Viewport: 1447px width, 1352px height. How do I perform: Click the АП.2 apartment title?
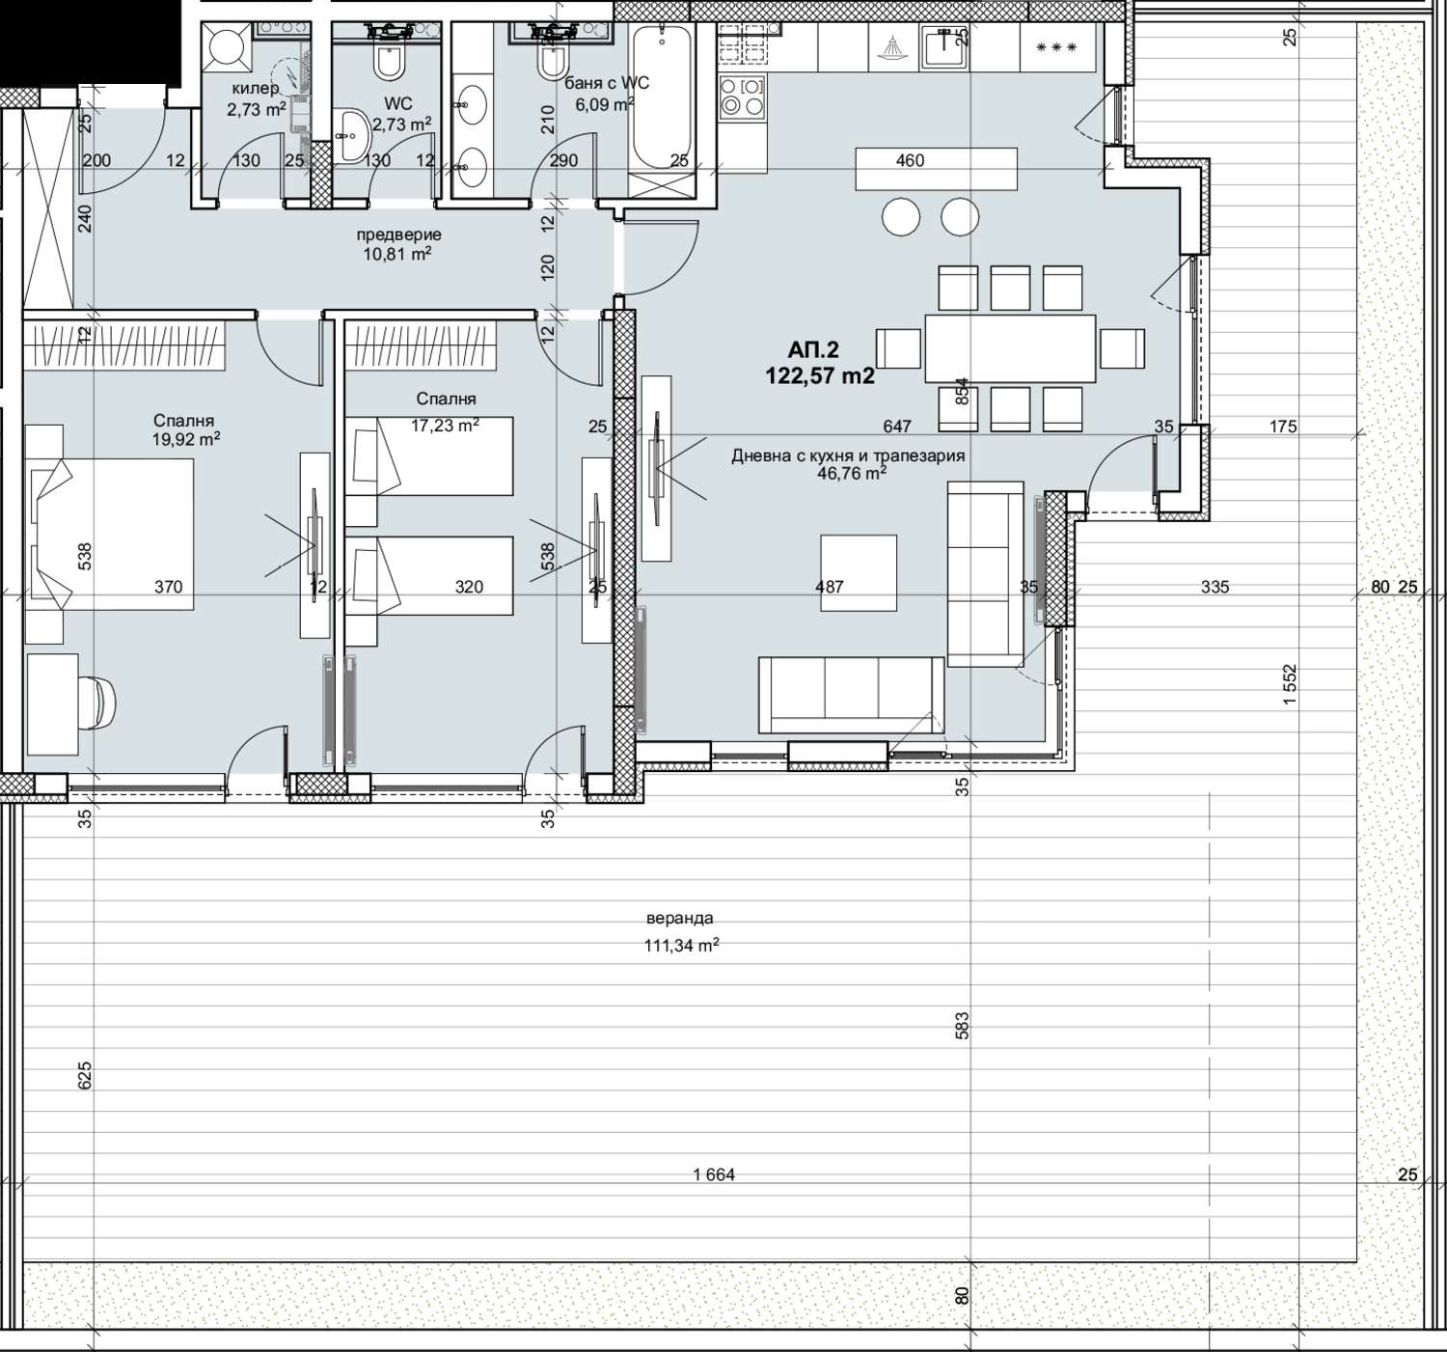point(813,349)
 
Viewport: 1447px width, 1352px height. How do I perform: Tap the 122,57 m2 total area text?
point(819,375)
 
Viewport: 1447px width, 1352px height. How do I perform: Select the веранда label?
point(680,918)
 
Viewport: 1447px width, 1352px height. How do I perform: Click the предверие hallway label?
point(398,235)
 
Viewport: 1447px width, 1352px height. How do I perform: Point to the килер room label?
point(255,89)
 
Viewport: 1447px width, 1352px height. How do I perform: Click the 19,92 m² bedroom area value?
point(187,439)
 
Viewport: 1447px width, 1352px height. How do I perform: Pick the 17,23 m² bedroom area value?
point(445,425)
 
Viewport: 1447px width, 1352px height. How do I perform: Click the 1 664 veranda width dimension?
point(714,1174)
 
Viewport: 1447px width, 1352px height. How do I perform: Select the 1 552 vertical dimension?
point(1291,684)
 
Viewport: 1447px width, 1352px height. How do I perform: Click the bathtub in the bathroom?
point(662,97)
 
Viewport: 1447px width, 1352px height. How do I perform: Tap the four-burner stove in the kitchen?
point(743,97)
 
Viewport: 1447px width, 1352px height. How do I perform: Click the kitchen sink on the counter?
point(945,46)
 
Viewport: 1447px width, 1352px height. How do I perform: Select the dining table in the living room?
point(1010,348)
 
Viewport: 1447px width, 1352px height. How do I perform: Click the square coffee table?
point(859,572)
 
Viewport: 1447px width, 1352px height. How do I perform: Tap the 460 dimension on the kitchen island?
point(910,160)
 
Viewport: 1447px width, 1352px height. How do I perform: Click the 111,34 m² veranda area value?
point(681,946)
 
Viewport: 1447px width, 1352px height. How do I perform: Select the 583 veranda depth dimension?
point(962,1025)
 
